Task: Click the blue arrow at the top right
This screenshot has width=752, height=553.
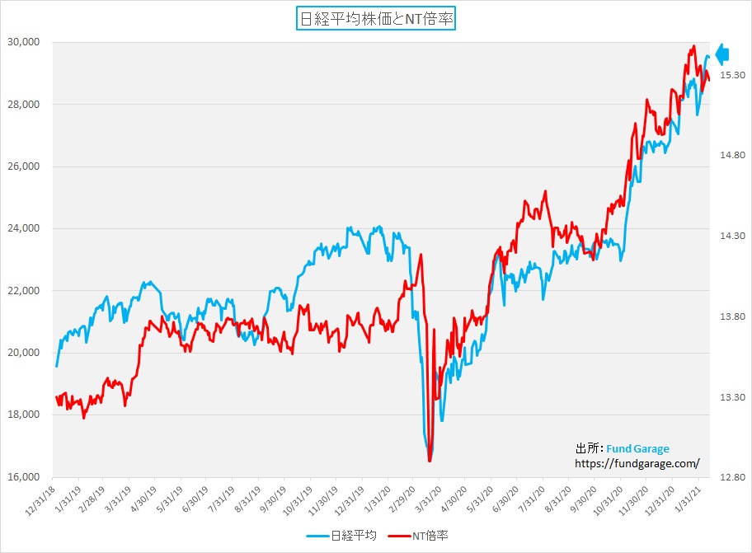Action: (722, 54)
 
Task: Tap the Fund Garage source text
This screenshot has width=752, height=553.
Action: (637, 448)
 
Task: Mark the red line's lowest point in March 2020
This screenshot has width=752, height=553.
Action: (430, 461)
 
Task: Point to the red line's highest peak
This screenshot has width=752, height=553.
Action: (693, 46)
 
